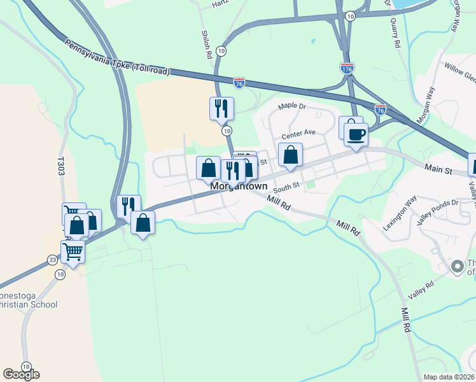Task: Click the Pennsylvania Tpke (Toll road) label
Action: [117, 58]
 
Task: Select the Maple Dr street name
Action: [292, 105]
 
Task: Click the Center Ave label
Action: [299, 133]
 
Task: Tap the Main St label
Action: [438, 171]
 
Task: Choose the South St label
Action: [286, 188]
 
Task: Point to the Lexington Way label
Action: [399, 207]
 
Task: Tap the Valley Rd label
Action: [421, 286]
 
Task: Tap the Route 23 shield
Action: [52, 260]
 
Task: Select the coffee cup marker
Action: [356, 134]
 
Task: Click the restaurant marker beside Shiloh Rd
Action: [221, 108]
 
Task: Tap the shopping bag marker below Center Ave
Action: [290, 155]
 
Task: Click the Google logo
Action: [21, 374]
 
